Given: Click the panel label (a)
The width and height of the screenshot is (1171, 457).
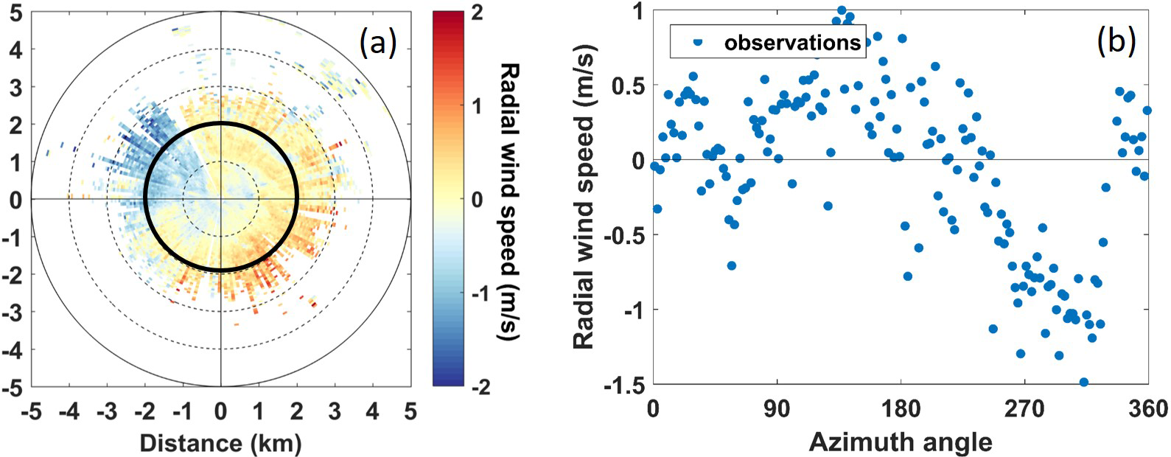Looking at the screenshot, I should [378, 44].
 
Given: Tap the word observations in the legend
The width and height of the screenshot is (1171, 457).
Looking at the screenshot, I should [792, 42].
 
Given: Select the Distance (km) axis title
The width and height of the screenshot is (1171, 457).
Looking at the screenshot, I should [220, 442].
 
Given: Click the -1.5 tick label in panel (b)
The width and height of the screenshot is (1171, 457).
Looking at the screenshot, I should [623, 386].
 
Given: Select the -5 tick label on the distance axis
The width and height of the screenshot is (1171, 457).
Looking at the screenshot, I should [30, 411].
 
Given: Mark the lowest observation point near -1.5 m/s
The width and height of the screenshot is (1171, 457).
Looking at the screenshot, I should [1083, 382].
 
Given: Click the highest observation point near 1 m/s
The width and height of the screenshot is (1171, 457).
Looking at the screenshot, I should [841, 10].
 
